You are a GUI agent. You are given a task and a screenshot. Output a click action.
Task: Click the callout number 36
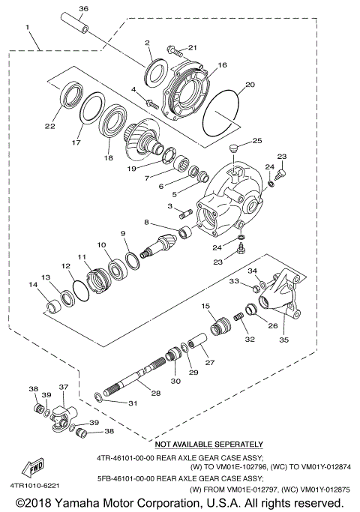(x=83, y=8)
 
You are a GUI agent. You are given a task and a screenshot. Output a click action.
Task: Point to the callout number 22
(x=50, y=126)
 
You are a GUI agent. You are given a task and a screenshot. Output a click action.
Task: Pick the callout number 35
(x=283, y=339)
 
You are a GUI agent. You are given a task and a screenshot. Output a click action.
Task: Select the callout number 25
(x=256, y=140)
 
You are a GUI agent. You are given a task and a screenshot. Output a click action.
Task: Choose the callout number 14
(x=32, y=285)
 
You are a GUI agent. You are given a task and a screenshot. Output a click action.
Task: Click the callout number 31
(x=133, y=404)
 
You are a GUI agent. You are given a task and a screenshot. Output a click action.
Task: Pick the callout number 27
(x=209, y=362)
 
